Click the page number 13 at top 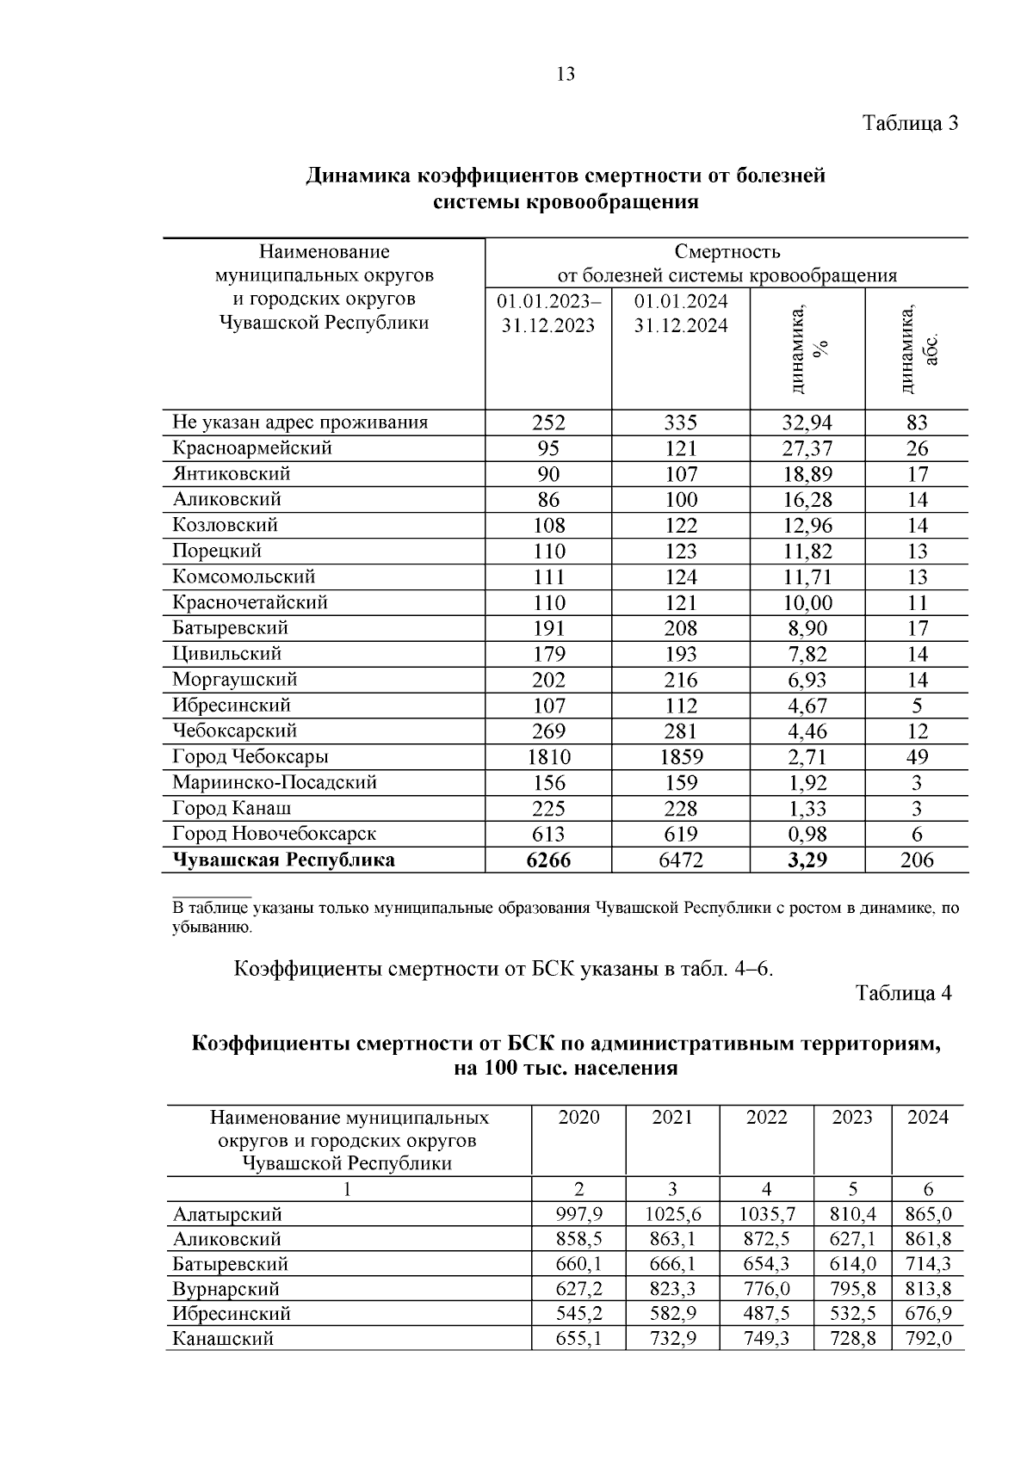(566, 74)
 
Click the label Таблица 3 (911, 123)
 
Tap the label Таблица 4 (904, 993)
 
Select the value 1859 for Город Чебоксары (680, 757)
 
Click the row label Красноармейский (252, 448)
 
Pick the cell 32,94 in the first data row (807, 422)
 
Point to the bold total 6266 (548, 860)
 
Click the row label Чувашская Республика (284, 860)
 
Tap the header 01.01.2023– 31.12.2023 (548, 313)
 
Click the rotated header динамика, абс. (918, 349)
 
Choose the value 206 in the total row (917, 860)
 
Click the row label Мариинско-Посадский (275, 783)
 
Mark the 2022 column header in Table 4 (766, 1118)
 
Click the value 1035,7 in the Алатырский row (766, 1215)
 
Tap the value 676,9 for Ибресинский (928, 1314)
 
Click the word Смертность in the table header (727, 252)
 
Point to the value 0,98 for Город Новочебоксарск (807, 835)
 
